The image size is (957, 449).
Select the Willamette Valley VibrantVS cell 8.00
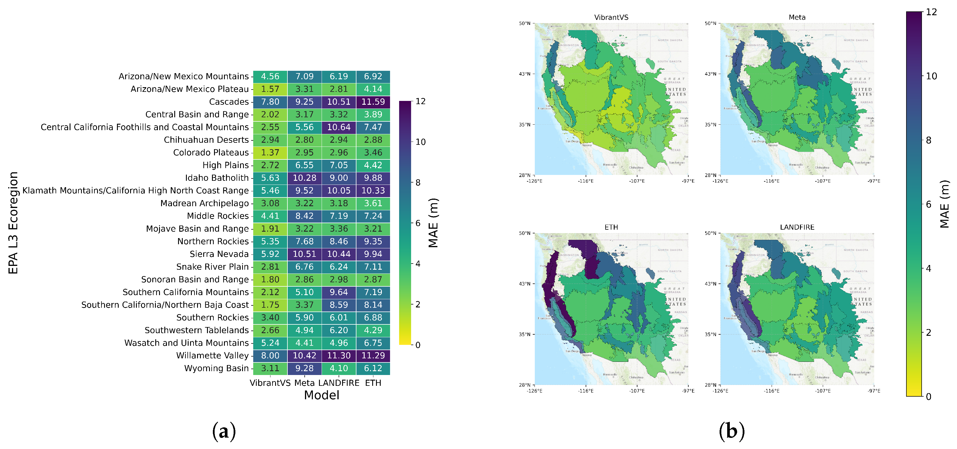point(270,355)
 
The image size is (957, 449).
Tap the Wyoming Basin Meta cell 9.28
point(304,368)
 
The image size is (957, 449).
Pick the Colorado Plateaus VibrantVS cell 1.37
point(270,152)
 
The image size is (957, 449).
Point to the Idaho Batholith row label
point(217,178)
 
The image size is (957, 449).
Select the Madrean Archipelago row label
point(204,203)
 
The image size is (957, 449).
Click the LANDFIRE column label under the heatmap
point(339,383)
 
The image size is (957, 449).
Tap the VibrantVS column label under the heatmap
point(270,383)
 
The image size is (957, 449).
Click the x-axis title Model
point(321,395)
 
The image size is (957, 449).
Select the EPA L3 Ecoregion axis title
point(13,223)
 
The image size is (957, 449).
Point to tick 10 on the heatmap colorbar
point(420,142)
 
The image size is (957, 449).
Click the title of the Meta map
point(797,17)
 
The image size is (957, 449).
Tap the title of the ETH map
point(611,227)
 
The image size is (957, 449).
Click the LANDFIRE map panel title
point(797,227)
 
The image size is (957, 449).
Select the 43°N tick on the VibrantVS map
point(525,74)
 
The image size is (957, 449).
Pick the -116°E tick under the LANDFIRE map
point(771,391)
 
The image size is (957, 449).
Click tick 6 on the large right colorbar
point(928,204)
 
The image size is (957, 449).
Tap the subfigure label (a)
point(224,431)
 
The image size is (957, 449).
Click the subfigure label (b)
point(732,431)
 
